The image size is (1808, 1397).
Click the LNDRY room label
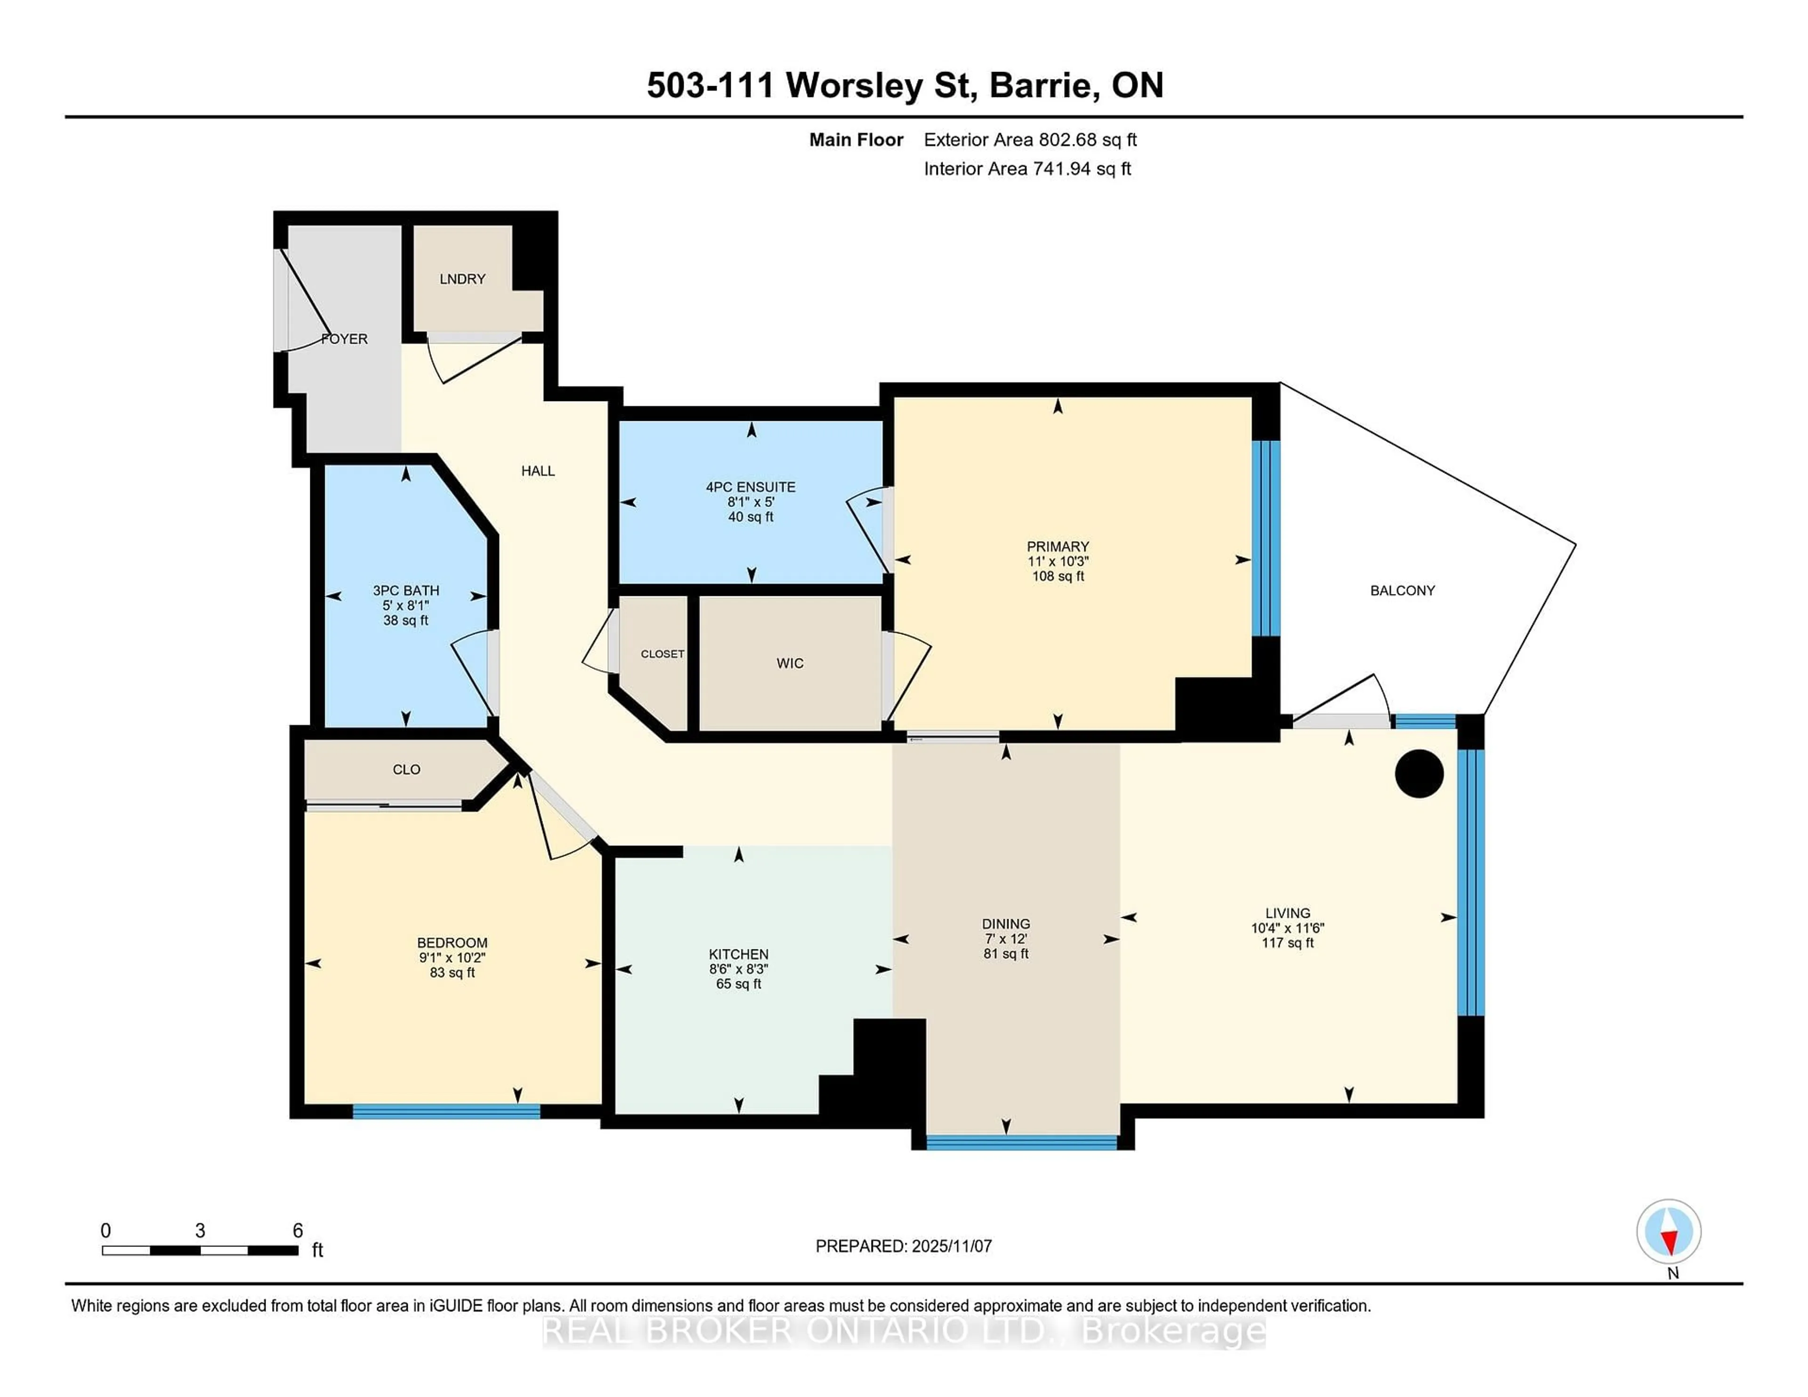[462, 279]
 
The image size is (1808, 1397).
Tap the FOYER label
[344, 338]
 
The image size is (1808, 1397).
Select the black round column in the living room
[1419, 774]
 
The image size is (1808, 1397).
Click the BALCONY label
[1402, 590]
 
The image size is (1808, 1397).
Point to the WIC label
[790, 663]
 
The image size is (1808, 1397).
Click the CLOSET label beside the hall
[662, 654]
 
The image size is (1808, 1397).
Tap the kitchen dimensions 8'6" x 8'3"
[738, 969]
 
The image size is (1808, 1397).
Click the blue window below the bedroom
[446, 1111]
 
